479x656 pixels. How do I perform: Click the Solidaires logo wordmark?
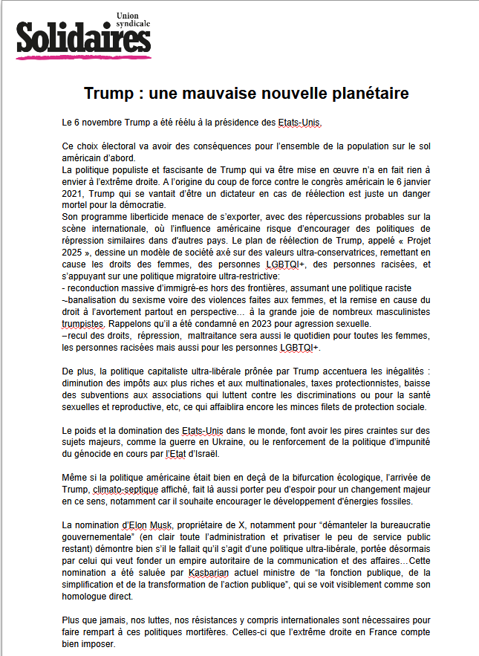(77, 38)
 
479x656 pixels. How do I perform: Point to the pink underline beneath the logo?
(82, 57)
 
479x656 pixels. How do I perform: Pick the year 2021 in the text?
(74, 194)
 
